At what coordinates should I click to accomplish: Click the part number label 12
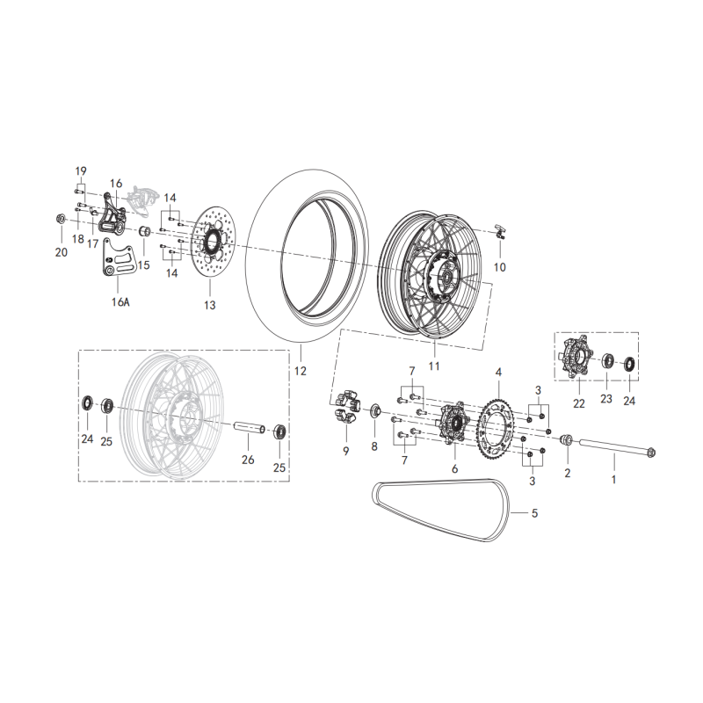click(301, 372)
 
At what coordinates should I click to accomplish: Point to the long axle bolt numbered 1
click(615, 449)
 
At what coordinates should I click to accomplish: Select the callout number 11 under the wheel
click(433, 365)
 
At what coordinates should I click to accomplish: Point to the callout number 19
click(81, 170)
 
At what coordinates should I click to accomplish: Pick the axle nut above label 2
click(567, 439)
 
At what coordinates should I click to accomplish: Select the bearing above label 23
click(607, 360)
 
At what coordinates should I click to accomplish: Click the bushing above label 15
click(145, 233)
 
